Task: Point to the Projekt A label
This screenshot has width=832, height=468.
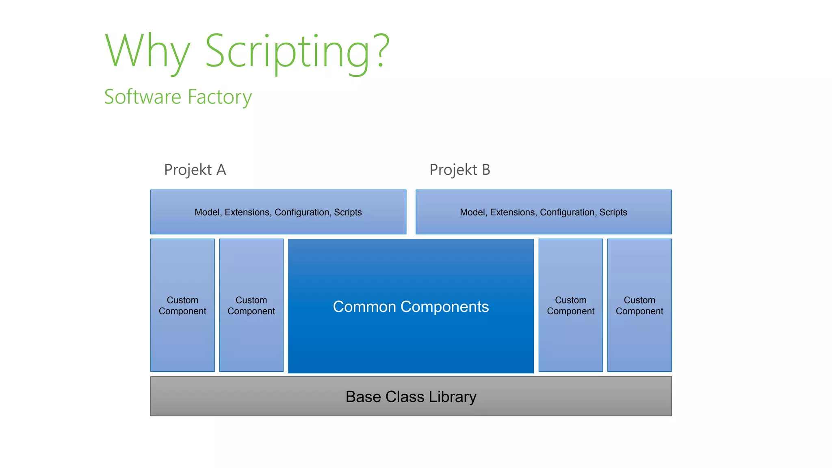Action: pyautogui.click(x=195, y=170)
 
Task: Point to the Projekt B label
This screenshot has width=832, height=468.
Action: pyautogui.click(x=460, y=170)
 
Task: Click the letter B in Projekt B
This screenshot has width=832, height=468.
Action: pyautogui.click(x=486, y=170)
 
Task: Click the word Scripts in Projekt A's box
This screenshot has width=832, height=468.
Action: pyautogui.click(x=348, y=212)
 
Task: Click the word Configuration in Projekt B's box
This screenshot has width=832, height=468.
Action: pyautogui.click(x=568, y=212)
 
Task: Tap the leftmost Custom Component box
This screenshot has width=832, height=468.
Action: pyautogui.click(x=182, y=305)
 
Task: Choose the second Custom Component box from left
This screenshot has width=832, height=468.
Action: pyautogui.click(x=251, y=305)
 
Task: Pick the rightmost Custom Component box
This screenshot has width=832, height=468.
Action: pyautogui.click(x=639, y=305)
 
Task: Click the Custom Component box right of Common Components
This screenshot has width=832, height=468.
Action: pyautogui.click(x=570, y=305)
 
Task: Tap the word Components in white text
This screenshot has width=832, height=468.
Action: pyautogui.click(x=444, y=307)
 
